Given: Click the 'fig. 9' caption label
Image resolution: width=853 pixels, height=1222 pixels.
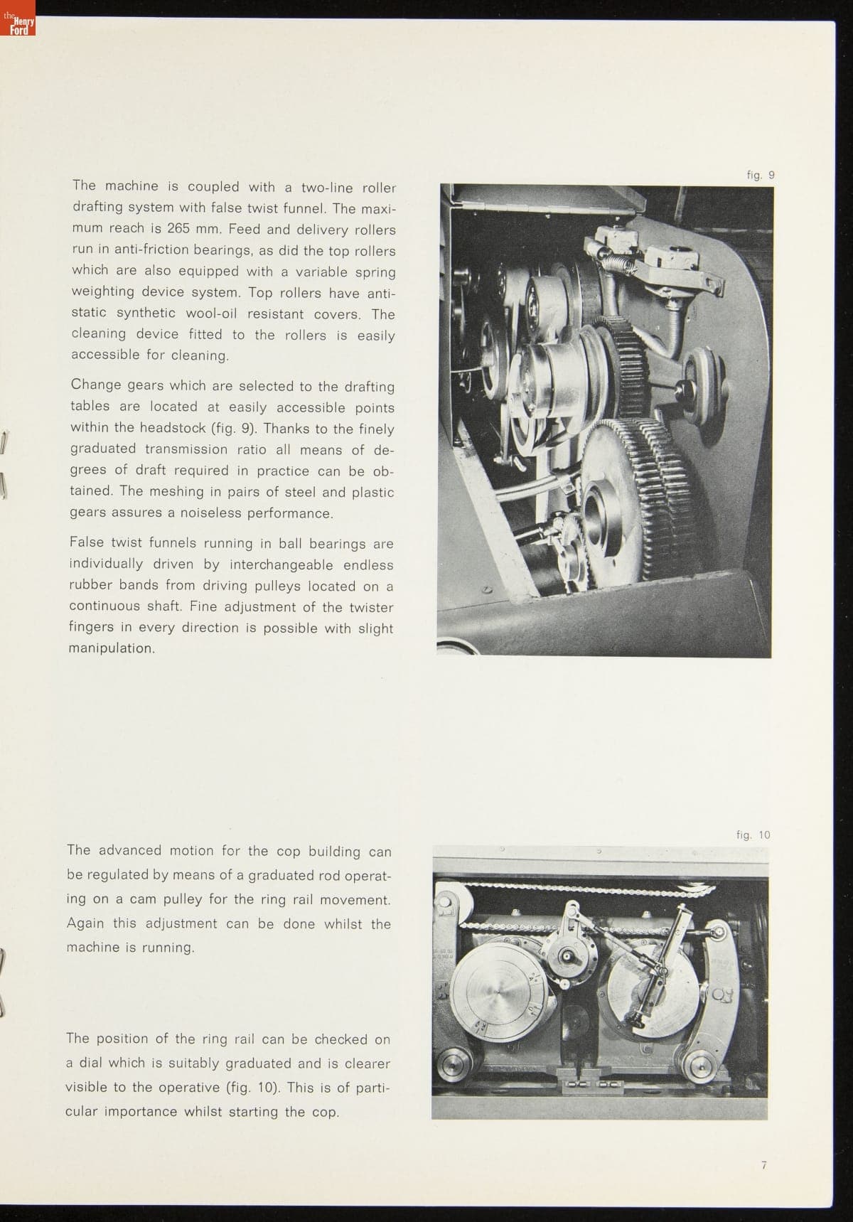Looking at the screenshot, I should tap(761, 174).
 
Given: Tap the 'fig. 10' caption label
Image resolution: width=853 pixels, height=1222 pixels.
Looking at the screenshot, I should tap(753, 835).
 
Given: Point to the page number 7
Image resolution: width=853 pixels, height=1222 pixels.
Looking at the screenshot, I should tap(763, 1164).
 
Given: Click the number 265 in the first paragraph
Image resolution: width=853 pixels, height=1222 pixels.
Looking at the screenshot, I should tap(178, 229).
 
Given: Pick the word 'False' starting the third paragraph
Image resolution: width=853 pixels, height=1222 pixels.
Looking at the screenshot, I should tap(86, 542).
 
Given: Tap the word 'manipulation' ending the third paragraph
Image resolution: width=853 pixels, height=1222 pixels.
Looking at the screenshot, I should tap(109, 649).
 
